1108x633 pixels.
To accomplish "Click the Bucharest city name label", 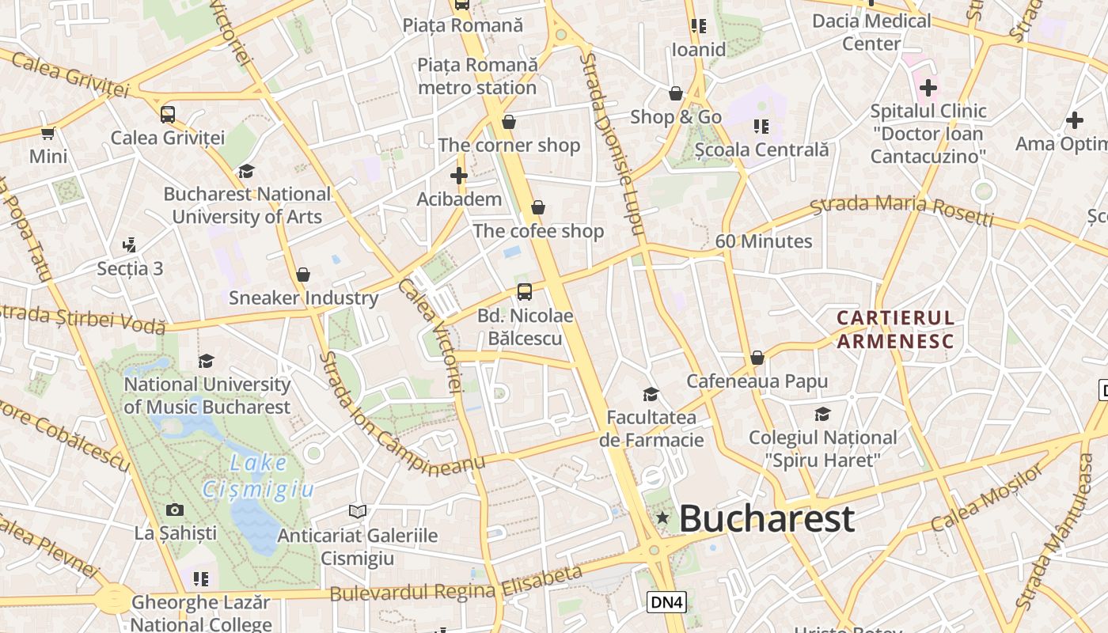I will pyautogui.click(x=766, y=519).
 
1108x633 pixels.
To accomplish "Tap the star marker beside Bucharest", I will pyautogui.click(x=662, y=518).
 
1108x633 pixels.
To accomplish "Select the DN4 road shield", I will pyautogui.click(x=666, y=602).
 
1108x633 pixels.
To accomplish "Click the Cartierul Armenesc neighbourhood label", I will pyautogui.click(x=896, y=329).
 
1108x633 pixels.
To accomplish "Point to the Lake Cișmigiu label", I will pyautogui.click(x=258, y=476).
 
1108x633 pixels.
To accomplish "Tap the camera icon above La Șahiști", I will pyautogui.click(x=175, y=510).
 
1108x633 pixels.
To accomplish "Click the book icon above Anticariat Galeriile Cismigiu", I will pyautogui.click(x=358, y=512).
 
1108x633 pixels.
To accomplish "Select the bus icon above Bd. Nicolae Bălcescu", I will pyautogui.click(x=524, y=291).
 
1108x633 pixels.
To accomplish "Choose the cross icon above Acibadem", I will pyautogui.click(x=459, y=175).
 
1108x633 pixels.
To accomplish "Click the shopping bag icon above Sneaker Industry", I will pyautogui.click(x=302, y=275).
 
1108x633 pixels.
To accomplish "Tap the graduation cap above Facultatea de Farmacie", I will pyautogui.click(x=651, y=393).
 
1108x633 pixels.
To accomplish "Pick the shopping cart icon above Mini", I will pyautogui.click(x=48, y=133).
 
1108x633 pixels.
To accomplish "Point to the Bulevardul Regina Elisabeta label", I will pyautogui.click(x=456, y=584).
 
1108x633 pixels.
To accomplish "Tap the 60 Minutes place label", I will pyautogui.click(x=764, y=241).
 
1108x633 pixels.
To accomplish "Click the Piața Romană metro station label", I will pyautogui.click(x=477, y=76).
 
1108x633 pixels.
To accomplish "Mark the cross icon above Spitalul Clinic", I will pyautogui.click(x=928, y=87).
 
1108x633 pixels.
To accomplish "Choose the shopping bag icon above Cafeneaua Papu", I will pyautogui.click(x=757, y=358).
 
